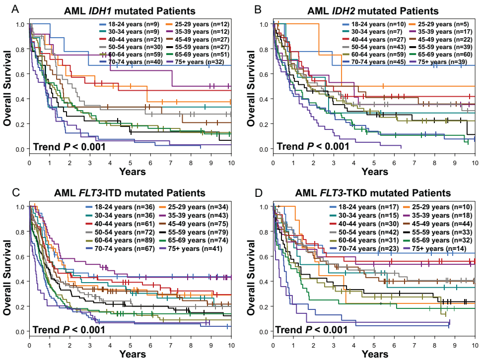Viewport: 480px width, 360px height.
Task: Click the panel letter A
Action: click(5, 9)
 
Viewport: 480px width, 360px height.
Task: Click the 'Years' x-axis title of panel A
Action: click(132, 172)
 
